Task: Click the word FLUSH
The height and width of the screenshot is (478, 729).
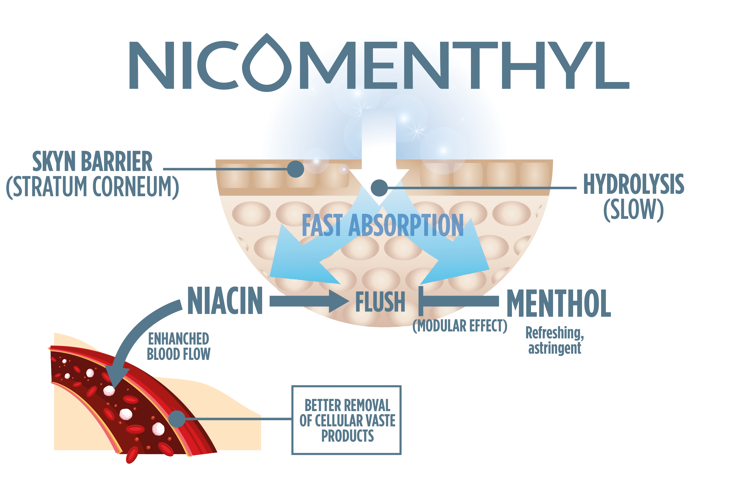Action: (380, 302)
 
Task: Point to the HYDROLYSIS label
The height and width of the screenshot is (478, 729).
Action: (633, 184)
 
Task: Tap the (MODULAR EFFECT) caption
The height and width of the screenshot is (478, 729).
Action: (460, 326)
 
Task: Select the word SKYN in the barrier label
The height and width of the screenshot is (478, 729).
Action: (54, 161)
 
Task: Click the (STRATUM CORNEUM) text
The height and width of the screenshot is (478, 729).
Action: (93, 187)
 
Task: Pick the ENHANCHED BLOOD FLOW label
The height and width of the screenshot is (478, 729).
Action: (179, 346)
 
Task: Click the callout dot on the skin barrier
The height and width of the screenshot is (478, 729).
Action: (295, 169)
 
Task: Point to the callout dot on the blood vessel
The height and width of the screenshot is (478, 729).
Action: (177, 419)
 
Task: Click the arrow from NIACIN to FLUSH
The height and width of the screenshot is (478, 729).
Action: (309, 301)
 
